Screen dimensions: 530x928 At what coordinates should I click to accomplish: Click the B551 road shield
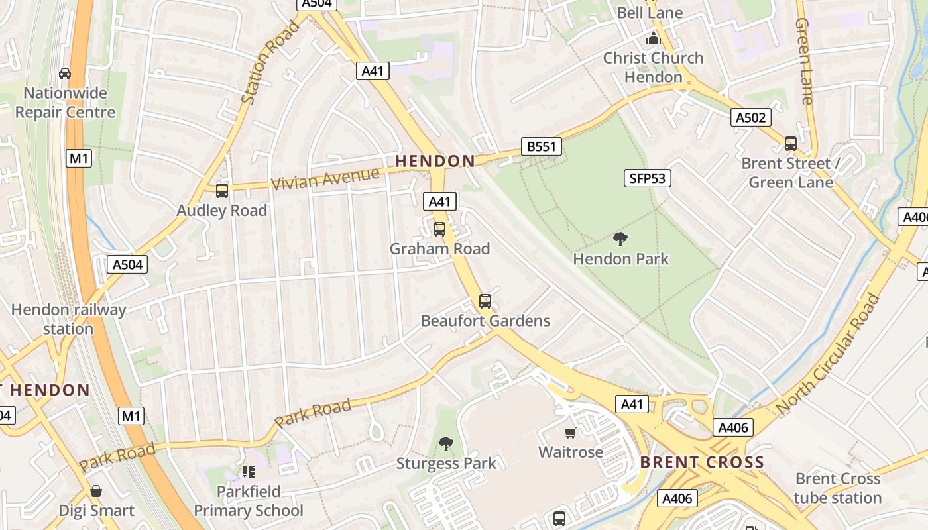tap(541, 146)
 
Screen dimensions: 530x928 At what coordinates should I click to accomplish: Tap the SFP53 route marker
tap(648, 178)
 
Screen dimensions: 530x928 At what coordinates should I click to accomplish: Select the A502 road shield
tap(751, 117)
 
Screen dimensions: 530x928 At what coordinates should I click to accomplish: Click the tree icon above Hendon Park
tap(620, 238)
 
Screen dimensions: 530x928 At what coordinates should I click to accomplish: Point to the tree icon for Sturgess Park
tap(446, 443)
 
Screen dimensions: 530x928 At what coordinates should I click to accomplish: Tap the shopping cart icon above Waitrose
tap(570, 433)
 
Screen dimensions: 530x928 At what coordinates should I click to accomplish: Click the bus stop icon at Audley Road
tap(222, 191)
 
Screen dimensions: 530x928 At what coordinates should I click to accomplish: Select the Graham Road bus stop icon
tap(439, 229)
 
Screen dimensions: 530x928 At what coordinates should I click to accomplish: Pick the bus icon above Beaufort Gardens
tap(485, 301)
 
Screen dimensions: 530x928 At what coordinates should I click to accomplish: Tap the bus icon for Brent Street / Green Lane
tap(790, 143)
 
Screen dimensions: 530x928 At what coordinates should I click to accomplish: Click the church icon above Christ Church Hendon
tap(654, 38)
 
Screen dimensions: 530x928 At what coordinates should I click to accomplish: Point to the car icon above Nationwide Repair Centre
tap(65, 73)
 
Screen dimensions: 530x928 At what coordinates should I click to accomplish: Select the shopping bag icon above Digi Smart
tap(96, 491)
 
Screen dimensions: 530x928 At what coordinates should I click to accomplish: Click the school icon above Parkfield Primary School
tap(248, 472)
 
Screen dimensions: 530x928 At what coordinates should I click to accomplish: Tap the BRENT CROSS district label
tap(702, 462)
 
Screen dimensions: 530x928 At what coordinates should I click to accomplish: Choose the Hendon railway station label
tap(68, 319)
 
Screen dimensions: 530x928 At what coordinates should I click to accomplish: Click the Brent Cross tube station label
tap(837, 488)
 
